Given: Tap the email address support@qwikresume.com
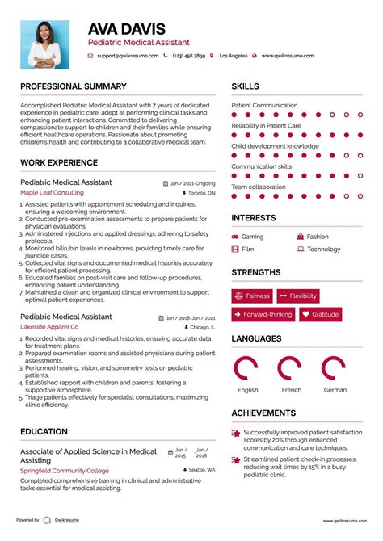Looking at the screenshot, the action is (126, 56).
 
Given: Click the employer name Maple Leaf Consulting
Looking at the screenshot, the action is (52, 193).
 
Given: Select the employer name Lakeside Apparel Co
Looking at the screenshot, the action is (49, 327).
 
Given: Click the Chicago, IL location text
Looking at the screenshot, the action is (203, 328).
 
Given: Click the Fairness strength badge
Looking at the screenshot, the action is (252, 296).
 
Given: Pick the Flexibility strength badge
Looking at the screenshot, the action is (298, 296).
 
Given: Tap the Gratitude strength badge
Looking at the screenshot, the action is (321, 315).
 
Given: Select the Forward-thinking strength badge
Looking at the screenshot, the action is (263, 315).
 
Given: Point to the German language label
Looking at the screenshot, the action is (335, 390).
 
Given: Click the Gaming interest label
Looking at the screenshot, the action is (252, 237).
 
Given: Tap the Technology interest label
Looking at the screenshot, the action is (323, 250).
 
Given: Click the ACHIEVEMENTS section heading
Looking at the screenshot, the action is (263, 413).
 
